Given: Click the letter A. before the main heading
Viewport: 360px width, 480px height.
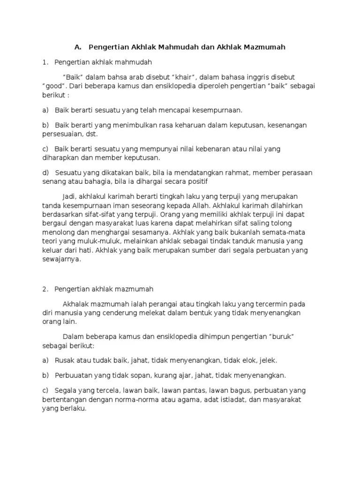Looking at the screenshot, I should pos(78,47).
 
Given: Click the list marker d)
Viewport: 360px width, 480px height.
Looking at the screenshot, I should pos(45,173).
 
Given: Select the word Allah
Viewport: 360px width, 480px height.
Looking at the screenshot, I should pos(199,205).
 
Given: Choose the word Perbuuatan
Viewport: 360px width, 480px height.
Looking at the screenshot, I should pos(76,375).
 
